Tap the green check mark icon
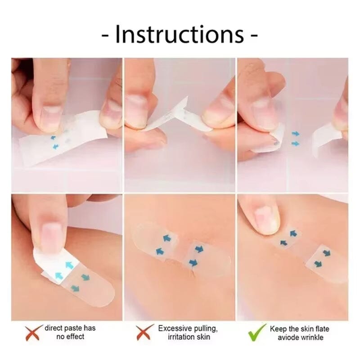[256, 332]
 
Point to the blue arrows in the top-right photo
[295, 138]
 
